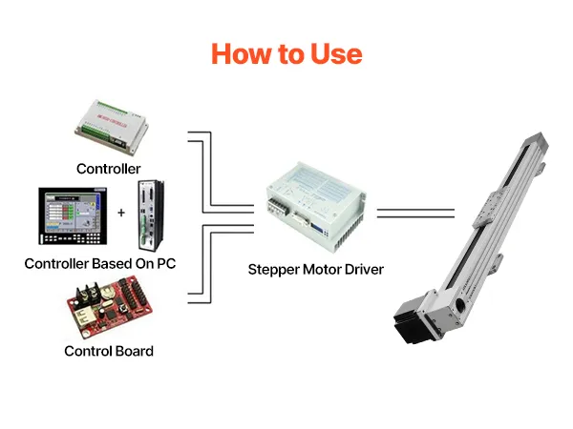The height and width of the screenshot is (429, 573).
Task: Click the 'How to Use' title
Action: [x=286, y=54]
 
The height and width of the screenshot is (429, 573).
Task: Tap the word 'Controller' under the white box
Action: [x=109, y=169]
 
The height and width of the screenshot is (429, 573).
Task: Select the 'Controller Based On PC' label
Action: [x=100, y=263]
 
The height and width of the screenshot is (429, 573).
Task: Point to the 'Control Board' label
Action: [x=109, y=351]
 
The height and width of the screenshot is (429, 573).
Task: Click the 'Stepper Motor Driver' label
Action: [x=316, y=270]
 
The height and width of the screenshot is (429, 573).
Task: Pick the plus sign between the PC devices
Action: [x=121, y=213]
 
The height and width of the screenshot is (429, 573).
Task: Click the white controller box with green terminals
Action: [x=112, y=127]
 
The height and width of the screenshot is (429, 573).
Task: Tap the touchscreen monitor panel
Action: [x=73, y=216]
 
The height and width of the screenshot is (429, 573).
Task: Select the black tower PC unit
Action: [x=151, y=215]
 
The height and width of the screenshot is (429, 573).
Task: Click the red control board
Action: [x=109, y=307]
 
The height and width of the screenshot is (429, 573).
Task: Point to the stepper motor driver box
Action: [x=316, y=206]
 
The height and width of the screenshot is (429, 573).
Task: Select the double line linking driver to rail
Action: [x=415, y=214]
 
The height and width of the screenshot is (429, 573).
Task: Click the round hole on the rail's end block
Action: [x=460, y=304]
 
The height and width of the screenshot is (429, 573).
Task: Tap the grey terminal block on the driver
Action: [x=278, y=207]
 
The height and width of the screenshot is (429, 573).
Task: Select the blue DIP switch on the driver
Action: [x=317, y=229]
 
